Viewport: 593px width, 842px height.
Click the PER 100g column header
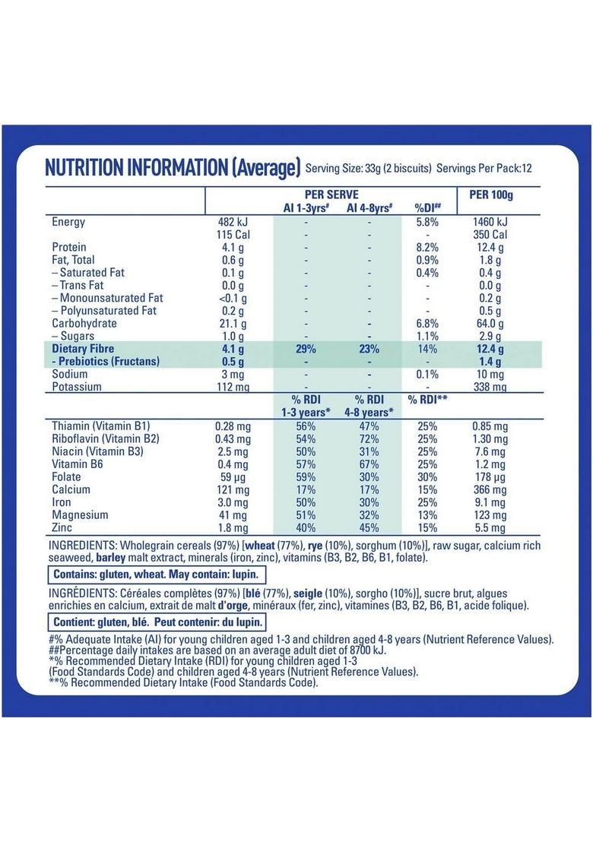click(x=491, y=195)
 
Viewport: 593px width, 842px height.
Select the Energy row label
click(x=68, y=222)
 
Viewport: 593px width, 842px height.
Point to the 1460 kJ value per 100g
click(x=491, y=222)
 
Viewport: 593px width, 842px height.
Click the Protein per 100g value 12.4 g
click(x=491, y=247)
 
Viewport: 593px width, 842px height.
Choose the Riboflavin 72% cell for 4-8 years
click(x=369, y=439)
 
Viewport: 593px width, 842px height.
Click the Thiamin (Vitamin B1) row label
click(x=100, y=426)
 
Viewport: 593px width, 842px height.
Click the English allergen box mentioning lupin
click(x=157, y=575)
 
